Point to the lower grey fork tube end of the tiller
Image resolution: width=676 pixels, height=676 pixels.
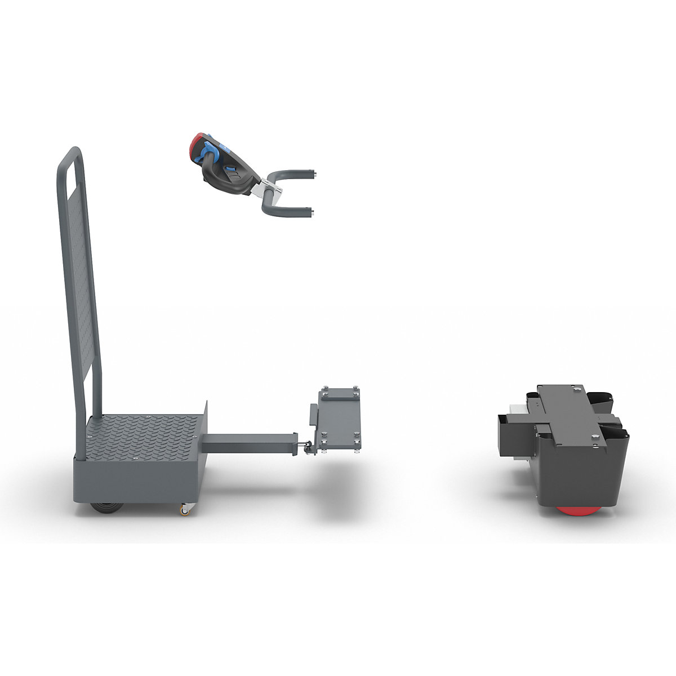[310, 211]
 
